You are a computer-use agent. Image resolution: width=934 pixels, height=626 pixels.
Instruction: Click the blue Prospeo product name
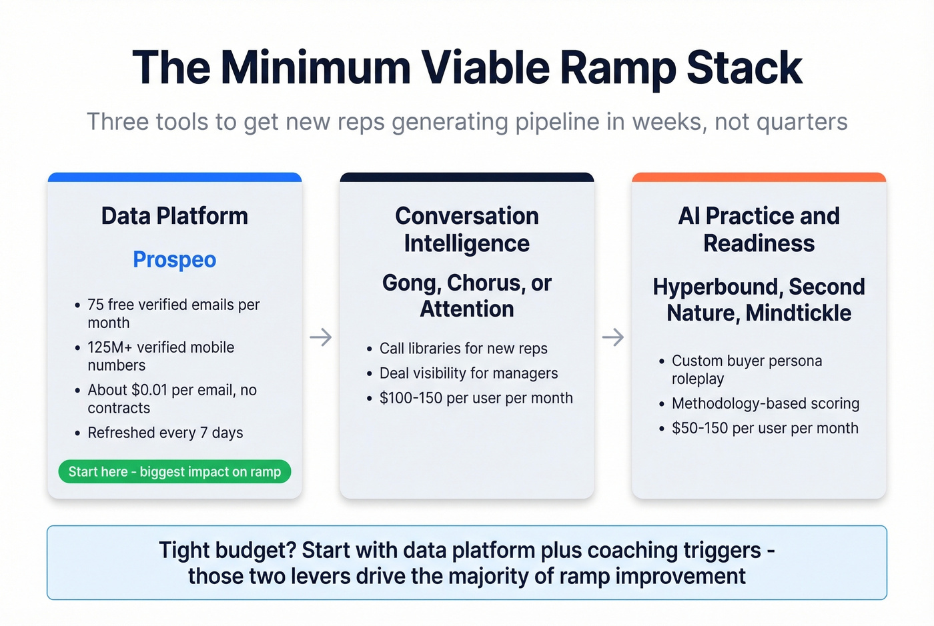tap(174, 259)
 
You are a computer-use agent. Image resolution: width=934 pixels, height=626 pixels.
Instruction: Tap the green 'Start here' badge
tap(174, 471)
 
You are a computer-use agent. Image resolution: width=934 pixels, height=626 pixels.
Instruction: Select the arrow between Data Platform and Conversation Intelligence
tap(321, 337)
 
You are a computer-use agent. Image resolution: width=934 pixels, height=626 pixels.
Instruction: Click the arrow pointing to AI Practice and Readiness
tap(613, 337)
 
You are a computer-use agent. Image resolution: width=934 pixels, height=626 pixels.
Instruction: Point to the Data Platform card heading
tap(174, 216)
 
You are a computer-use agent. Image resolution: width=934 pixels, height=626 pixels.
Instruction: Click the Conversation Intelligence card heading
tap(466, 229)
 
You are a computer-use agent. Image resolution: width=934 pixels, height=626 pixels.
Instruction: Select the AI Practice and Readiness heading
tap(759, 229)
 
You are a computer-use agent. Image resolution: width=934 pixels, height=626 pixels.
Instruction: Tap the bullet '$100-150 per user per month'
tap(476, 398)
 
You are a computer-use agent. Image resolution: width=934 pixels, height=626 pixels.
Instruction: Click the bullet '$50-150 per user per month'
tap(765, 428)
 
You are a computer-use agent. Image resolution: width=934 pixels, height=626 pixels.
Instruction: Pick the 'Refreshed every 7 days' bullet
tap(165, 433)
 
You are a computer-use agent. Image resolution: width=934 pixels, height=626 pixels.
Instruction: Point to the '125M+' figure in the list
tap(109, 347)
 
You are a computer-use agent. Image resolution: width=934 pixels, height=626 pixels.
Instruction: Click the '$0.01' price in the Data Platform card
tap(149, 390)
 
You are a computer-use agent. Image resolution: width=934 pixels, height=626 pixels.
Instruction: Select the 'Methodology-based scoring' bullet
tap(765, 403)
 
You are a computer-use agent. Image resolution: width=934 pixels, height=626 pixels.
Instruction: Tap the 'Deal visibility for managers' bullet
tap(468, 373)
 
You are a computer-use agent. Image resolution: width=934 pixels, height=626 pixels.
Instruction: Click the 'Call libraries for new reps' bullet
tap(463, 349)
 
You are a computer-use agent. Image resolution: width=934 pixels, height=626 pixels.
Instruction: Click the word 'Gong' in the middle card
tap(410, 283)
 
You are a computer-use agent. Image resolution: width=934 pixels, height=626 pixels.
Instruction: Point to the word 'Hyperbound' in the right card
tap(717, 287)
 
